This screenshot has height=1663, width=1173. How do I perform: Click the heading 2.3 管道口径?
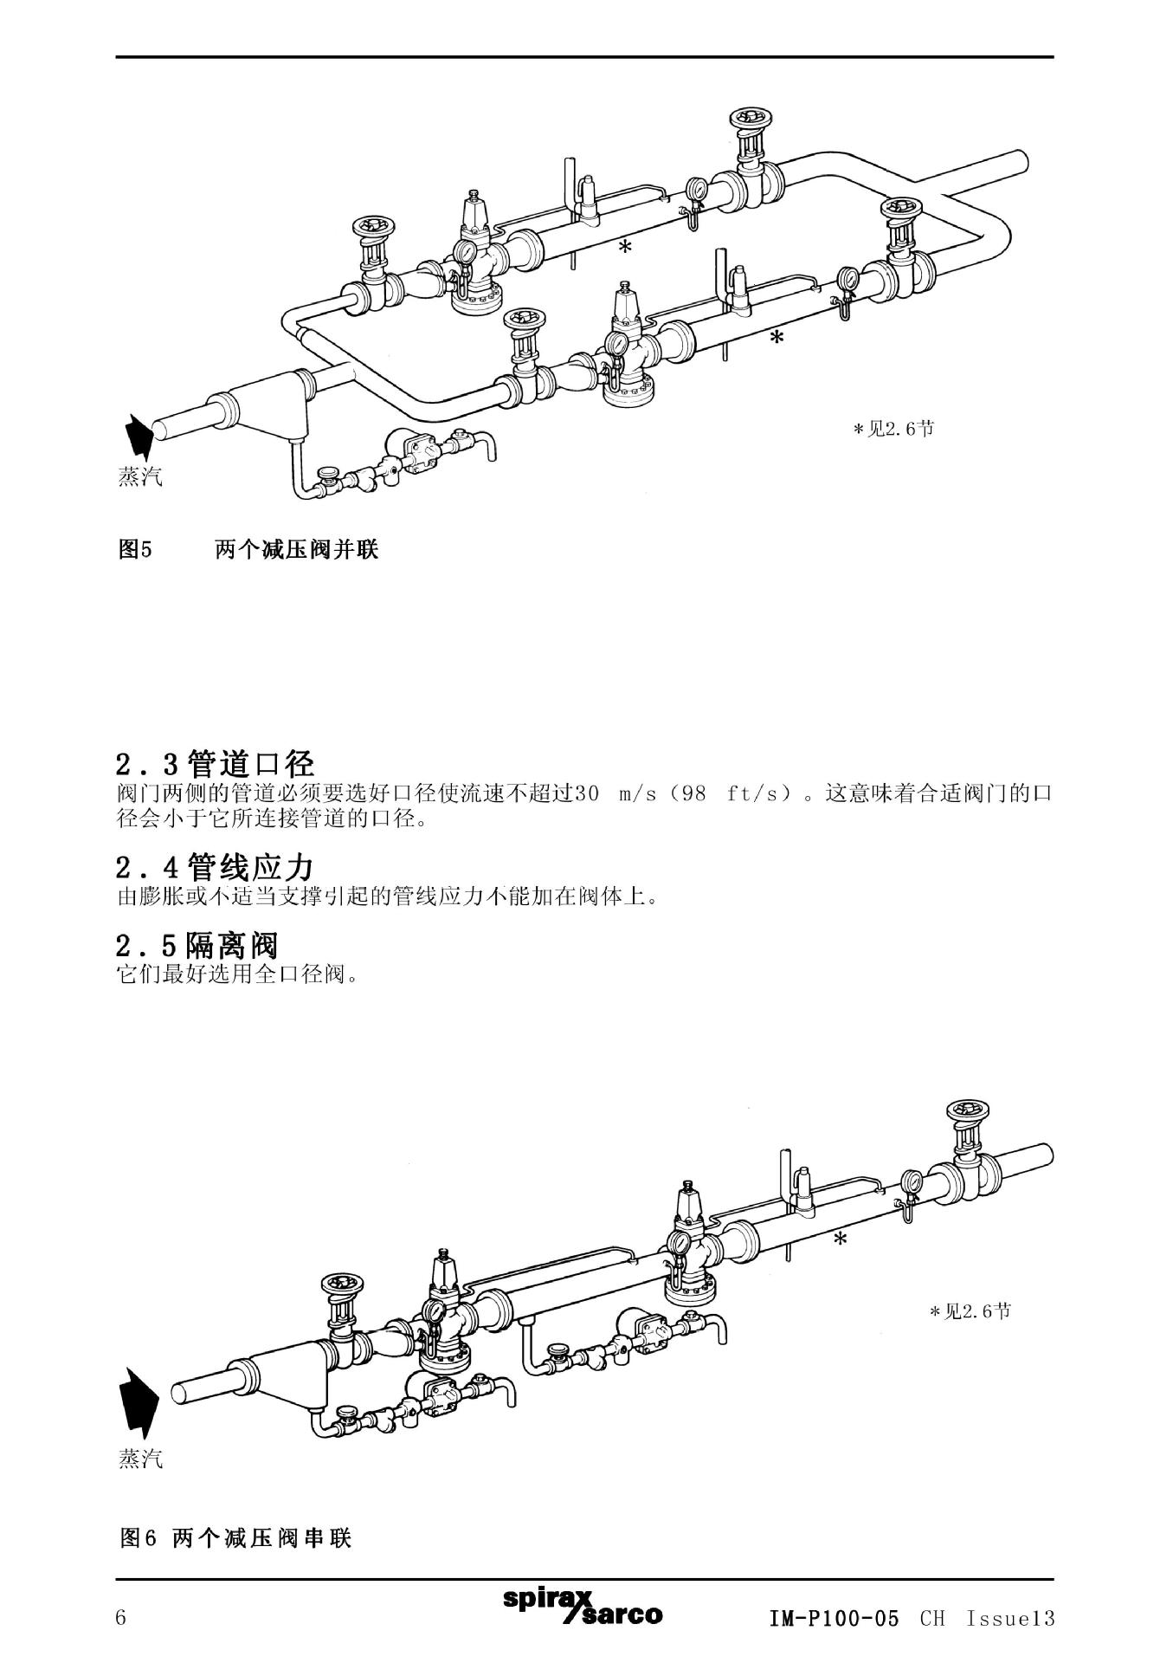coord(215,764)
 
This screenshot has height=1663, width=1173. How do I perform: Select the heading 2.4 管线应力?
coord(215,866)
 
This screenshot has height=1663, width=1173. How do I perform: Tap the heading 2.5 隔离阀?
coord(197,945)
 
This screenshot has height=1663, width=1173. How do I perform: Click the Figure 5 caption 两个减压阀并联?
coord(296,549)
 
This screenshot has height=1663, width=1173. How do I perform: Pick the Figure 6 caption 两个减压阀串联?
coord(261,1538)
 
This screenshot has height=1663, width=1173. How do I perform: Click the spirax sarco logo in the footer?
coord(583,1608)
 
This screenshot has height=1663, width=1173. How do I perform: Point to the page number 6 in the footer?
coord(121,1618)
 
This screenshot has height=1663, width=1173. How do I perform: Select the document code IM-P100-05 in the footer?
coord(834,1618)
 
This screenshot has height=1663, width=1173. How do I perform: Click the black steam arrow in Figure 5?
coord(138,435)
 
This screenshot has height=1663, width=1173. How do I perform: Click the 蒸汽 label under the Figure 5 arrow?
coord(139,477)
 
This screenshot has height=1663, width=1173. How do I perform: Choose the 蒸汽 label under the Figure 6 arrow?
coord(139,1459)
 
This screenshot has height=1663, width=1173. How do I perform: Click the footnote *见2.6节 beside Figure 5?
coord(893,429)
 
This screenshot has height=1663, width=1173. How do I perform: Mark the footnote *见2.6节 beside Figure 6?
coord(970,1311)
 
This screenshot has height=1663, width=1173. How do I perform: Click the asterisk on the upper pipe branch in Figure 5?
coord(625,249)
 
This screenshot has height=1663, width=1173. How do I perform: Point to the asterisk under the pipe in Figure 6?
coord(840,1239)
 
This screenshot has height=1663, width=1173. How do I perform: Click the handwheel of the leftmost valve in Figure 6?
coord(341,1285)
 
